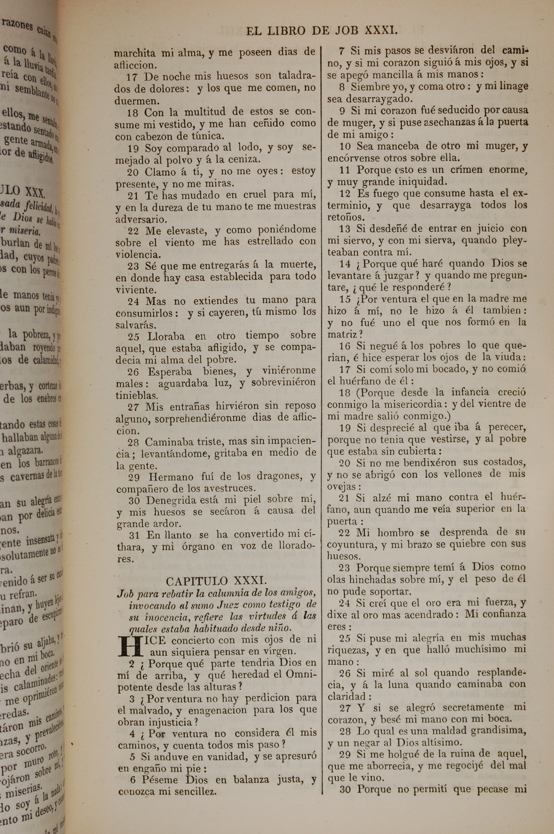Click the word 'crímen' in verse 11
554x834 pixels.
(x=466, y=170)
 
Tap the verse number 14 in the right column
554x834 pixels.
(x=345, y=264)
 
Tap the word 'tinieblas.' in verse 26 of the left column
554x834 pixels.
(x=137, y=395)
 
